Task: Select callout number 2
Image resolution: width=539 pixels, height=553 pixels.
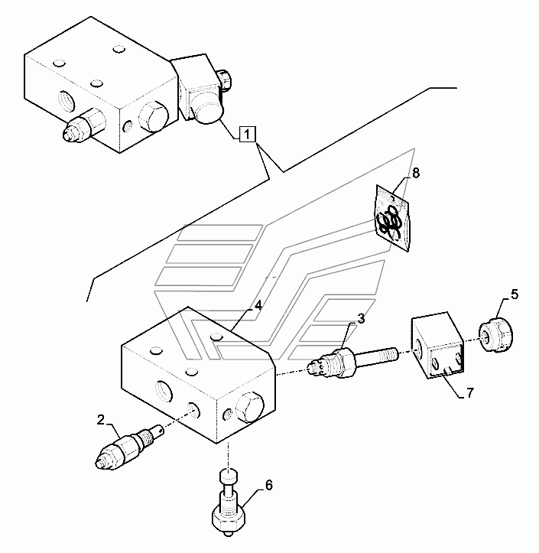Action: point(100,419)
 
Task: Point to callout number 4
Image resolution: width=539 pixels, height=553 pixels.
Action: point(258,304)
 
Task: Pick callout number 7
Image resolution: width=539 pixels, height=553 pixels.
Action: point(470,394)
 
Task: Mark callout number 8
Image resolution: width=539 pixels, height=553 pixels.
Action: point(415,173)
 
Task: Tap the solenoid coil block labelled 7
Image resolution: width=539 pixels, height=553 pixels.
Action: point(435,349)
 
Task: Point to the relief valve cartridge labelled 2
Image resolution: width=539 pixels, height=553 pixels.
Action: point(124,448)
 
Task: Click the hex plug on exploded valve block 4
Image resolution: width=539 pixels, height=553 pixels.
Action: point(252,406)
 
